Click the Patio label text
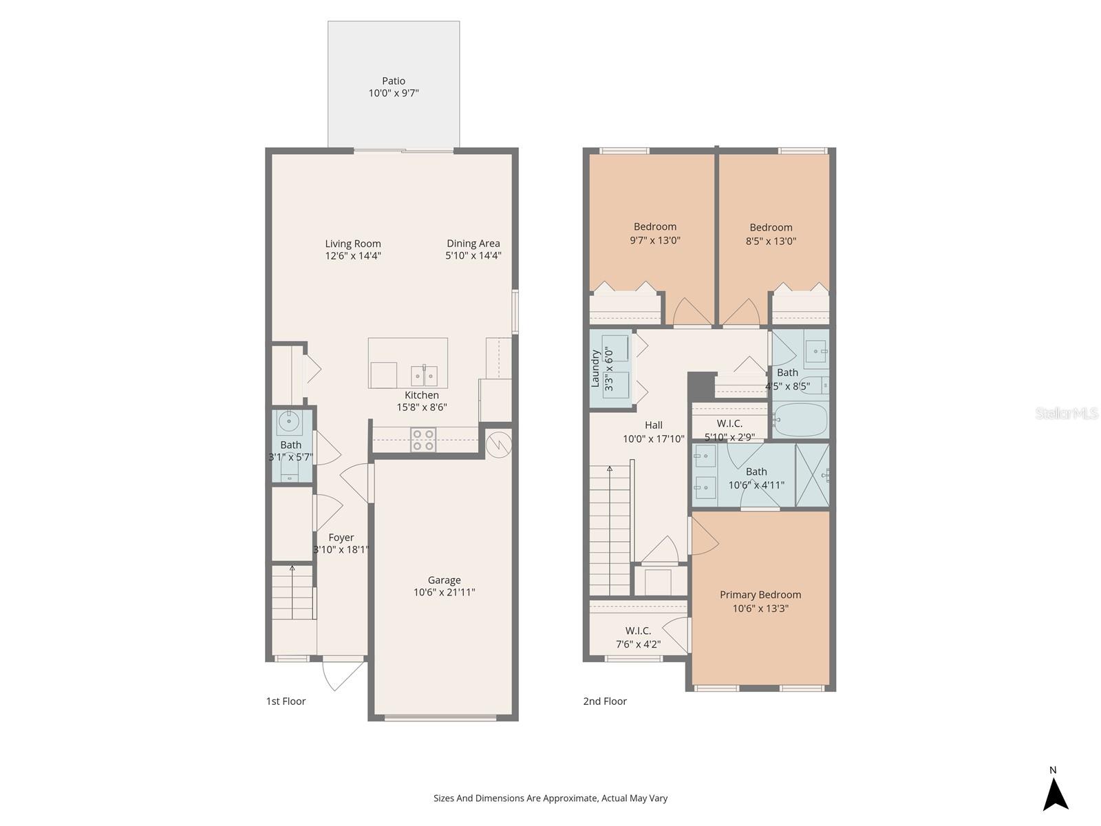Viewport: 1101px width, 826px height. (394, 81)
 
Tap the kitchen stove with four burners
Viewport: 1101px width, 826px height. (423, 440)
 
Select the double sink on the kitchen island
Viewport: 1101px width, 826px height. (425, 376)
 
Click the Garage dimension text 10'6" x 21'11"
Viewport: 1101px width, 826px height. (444, 593)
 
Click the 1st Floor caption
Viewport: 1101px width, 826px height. (286, 701)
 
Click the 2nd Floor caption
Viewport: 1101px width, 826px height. (605, 701)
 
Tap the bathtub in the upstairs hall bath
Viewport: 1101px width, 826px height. (800, 420)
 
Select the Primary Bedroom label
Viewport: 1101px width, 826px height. (760, 595)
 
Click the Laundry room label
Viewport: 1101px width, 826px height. (596, 369)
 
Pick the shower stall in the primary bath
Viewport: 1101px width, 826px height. (813, 475)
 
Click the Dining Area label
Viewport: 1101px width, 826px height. (473, 243)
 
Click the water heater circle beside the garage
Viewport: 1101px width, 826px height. (498, 445)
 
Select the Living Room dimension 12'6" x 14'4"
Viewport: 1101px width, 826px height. (353, 256)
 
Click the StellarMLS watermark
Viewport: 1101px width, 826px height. (1067, 413)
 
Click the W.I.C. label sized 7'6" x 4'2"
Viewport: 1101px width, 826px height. (638, 631)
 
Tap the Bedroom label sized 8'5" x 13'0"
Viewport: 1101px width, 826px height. (771, 228)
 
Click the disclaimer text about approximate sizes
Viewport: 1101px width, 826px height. (550, 798)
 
